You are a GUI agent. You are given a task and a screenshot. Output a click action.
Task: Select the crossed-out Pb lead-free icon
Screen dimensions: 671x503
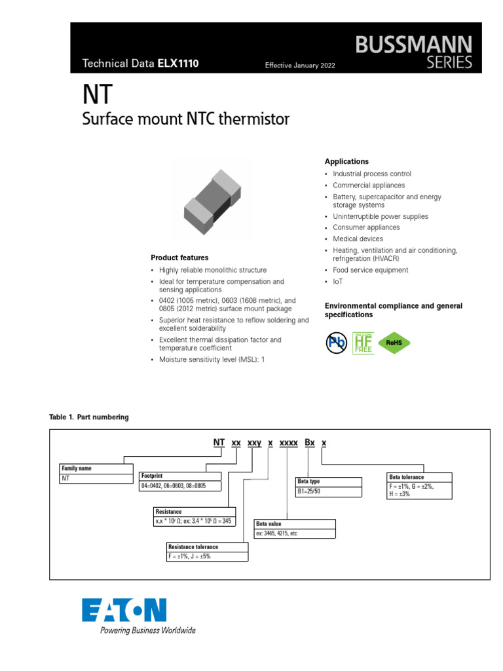tap(337, 342)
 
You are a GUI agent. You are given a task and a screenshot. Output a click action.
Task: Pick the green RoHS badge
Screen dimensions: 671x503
tap(394, 342)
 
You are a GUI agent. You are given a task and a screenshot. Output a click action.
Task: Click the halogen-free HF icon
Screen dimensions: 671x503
tap(363, 342)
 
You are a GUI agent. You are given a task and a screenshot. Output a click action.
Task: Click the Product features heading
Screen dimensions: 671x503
tap(179, 258)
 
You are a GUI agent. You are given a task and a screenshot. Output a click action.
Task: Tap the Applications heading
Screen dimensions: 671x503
tap(346, 162)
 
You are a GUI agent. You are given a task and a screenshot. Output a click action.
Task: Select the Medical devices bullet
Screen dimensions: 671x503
tap(358, 239)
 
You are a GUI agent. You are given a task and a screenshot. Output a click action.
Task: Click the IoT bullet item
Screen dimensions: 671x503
tap(337, 282)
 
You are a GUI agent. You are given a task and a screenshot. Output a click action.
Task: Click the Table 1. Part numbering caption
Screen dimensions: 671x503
tap(89, 417)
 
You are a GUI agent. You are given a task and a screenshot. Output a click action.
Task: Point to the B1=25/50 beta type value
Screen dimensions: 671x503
tap(309, 491)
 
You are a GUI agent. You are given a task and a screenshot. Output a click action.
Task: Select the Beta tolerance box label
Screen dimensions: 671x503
tap(406, 477)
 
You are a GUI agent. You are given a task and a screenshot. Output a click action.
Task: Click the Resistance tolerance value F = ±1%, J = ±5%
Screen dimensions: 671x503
tap(189, 556)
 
